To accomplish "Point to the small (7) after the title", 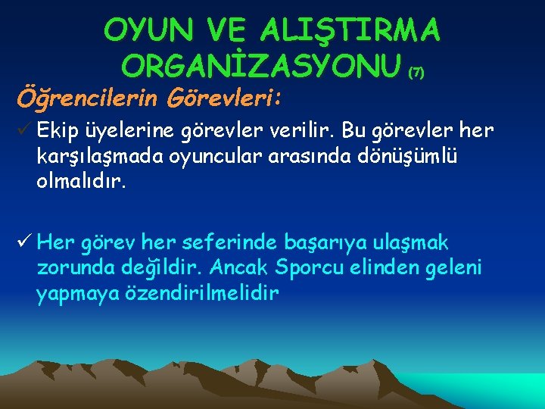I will coord(416,73).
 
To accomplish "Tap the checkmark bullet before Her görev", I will coord(23,243).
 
